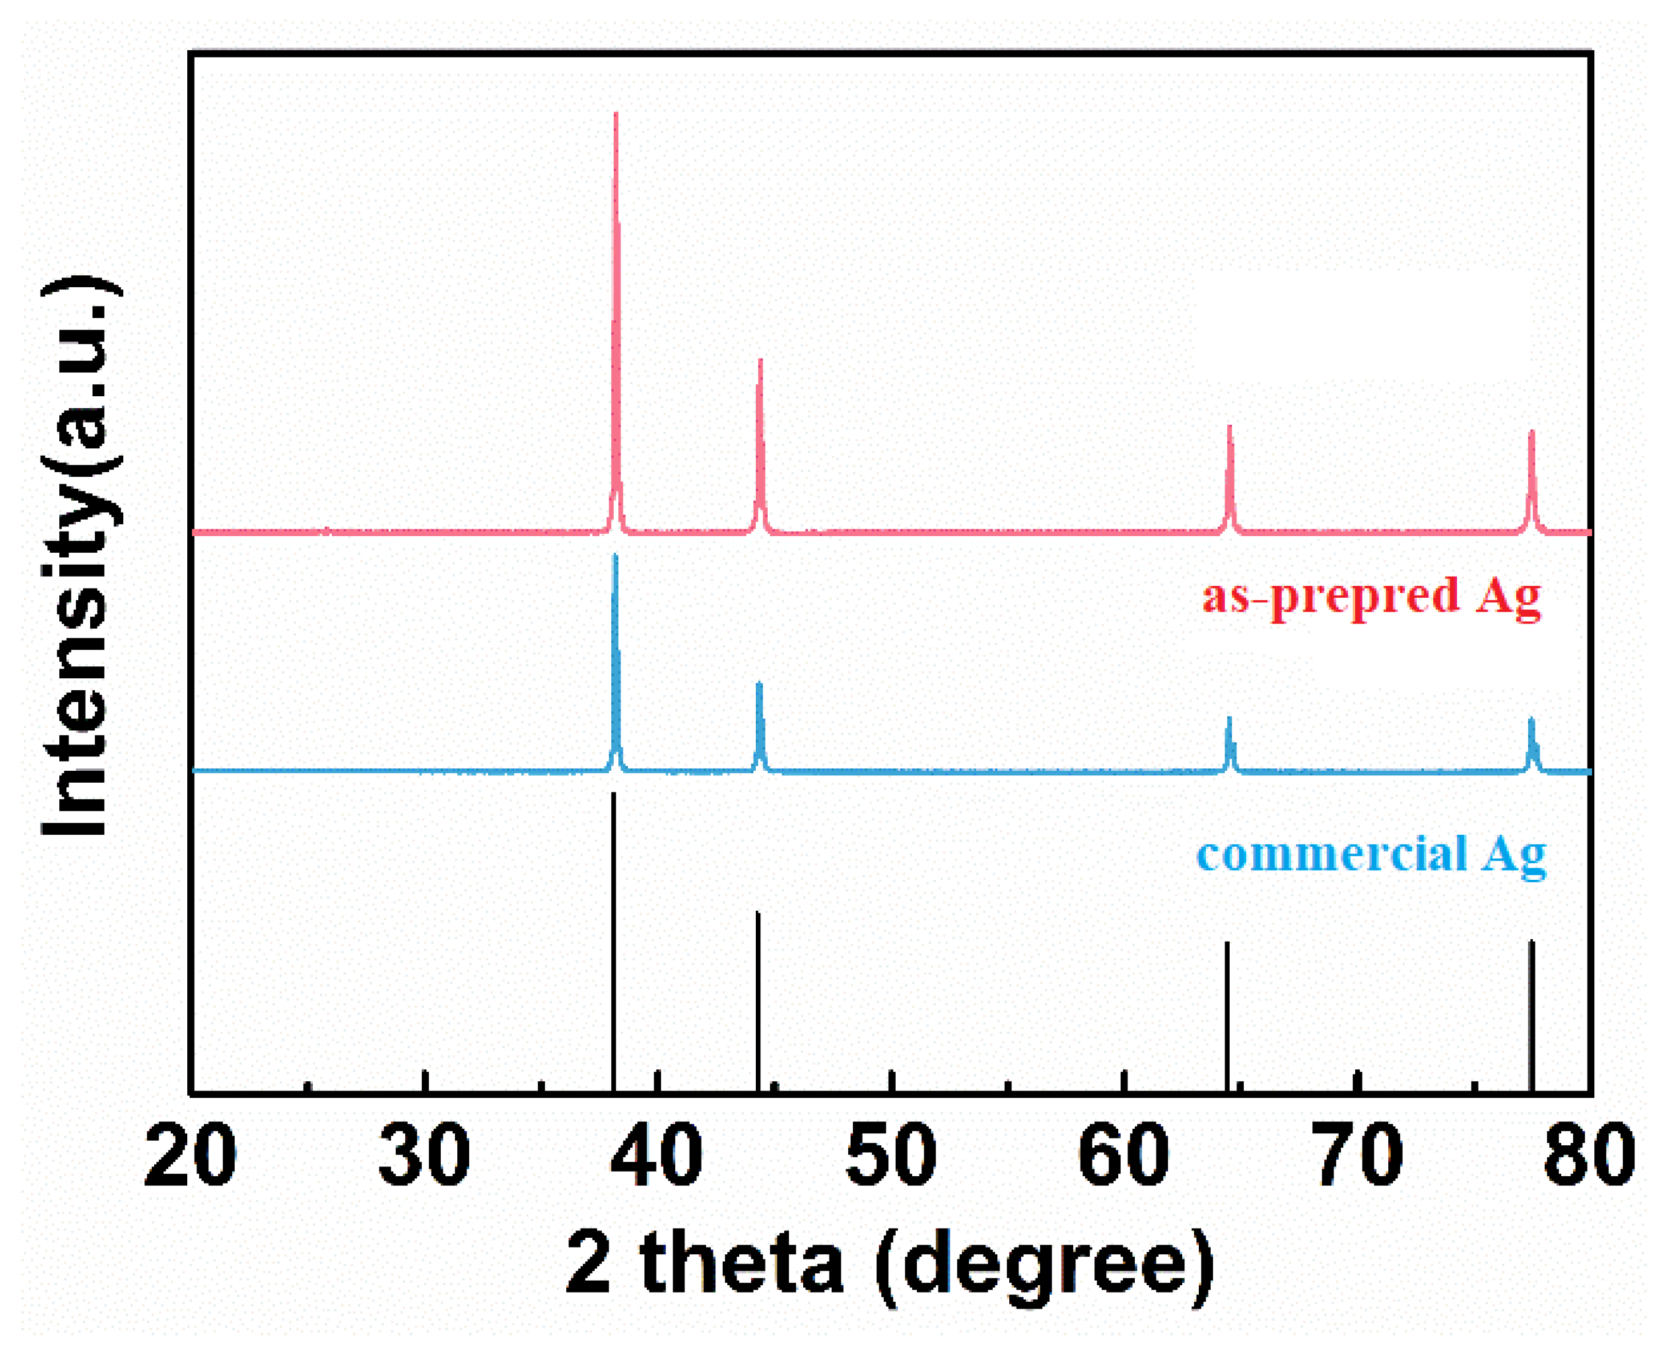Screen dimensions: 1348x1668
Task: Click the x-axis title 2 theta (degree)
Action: (891, 1264)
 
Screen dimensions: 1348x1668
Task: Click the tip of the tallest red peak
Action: (615, 114)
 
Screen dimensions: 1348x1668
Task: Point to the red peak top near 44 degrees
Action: (760, 360)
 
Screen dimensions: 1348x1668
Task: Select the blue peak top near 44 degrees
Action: (759, 683)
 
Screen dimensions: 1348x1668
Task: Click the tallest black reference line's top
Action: (613, 794)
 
